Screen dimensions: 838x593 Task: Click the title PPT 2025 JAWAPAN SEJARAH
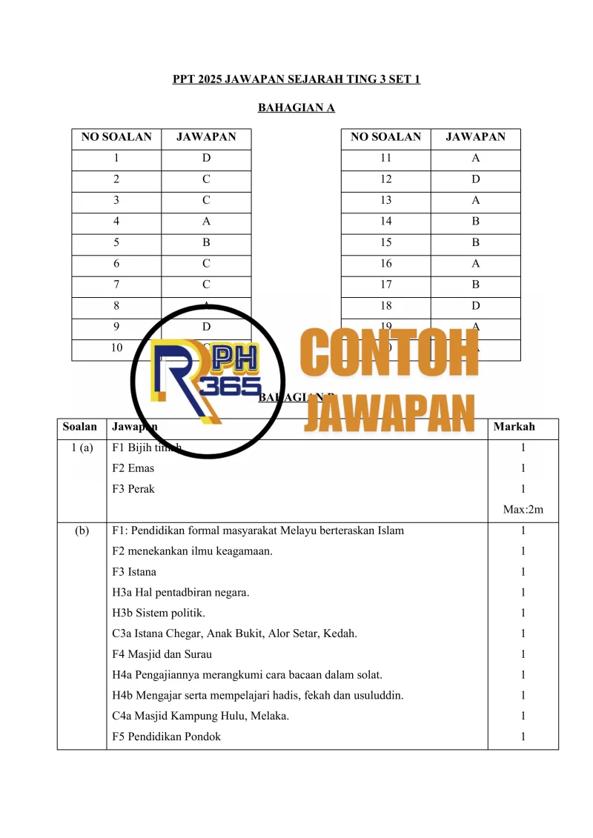click(x=296, y=79)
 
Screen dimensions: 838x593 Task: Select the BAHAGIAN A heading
click(x=296, y=108)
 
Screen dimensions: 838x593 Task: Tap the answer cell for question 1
click(x=206, y=158)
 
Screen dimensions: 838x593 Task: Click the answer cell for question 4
click(x=206, y=221)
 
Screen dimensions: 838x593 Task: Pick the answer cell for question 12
click(x=475, y=179)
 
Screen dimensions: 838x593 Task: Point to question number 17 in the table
click(x=385, y=284)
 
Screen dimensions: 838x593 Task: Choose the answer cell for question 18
click(x=475, y=305)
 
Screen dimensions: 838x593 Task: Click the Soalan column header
click(x=80, y=427)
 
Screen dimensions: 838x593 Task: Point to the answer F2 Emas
click(x=133, y=468)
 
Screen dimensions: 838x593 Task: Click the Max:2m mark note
click(x=523, y=510)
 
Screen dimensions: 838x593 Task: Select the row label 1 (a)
click(x=80, y=448)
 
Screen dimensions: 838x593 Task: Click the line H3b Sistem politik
click(x=159, y=613)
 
